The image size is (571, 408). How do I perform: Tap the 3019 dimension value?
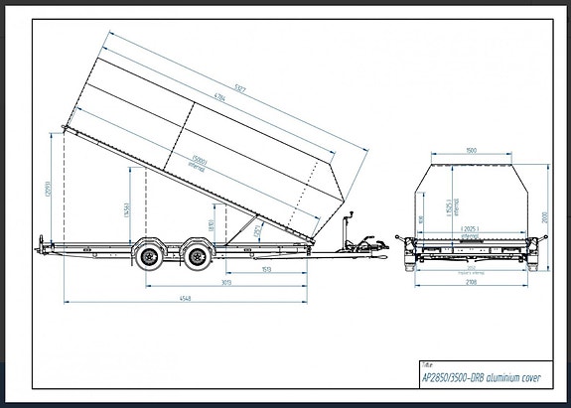pos(227,284)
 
